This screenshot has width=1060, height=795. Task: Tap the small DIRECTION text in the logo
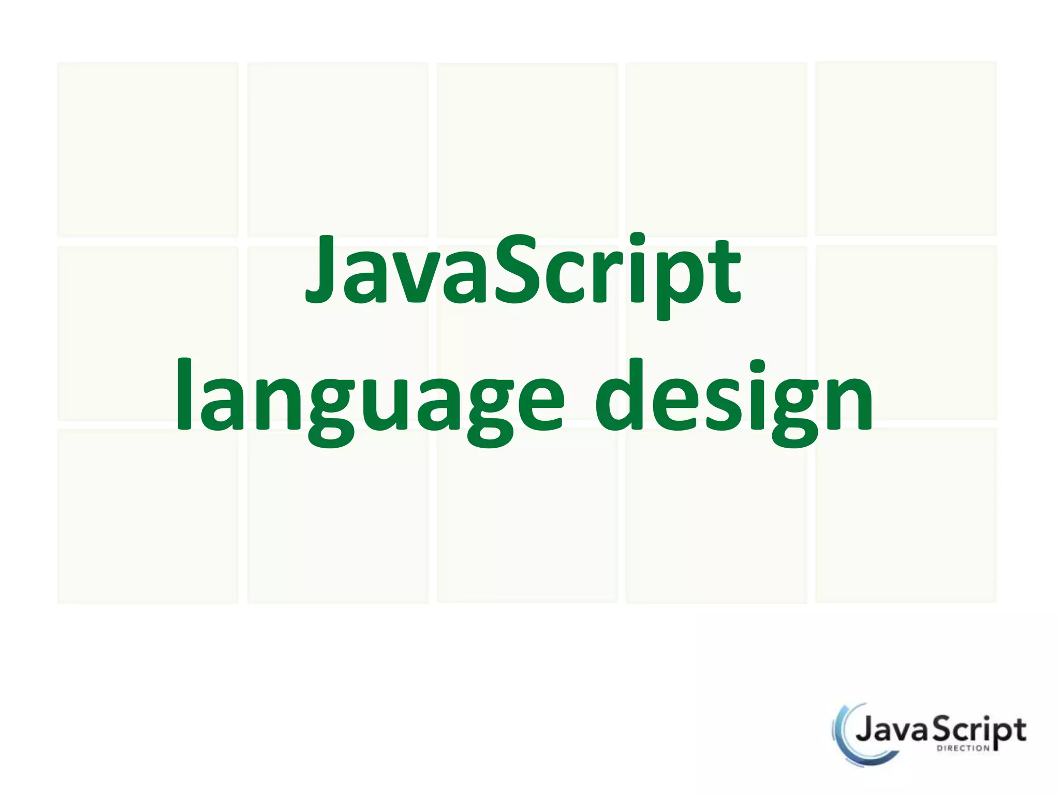963,748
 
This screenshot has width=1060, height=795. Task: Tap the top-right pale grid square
906,149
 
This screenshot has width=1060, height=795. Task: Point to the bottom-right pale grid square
906,515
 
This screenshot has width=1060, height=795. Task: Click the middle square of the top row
527,150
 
